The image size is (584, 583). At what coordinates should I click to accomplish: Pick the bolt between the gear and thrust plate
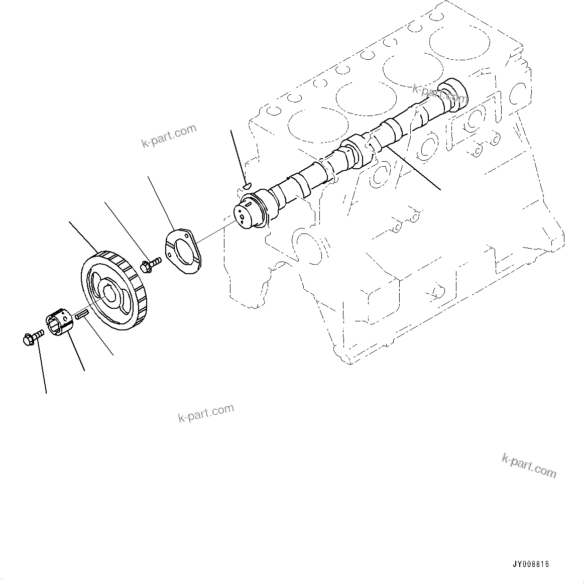pyautogui.click(x=150, y=264)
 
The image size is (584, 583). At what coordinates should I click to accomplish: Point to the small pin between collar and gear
pyautogui.click(x=82, y=315)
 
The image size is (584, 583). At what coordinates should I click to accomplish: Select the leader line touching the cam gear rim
pyautogui.click(x=83, y=236)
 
